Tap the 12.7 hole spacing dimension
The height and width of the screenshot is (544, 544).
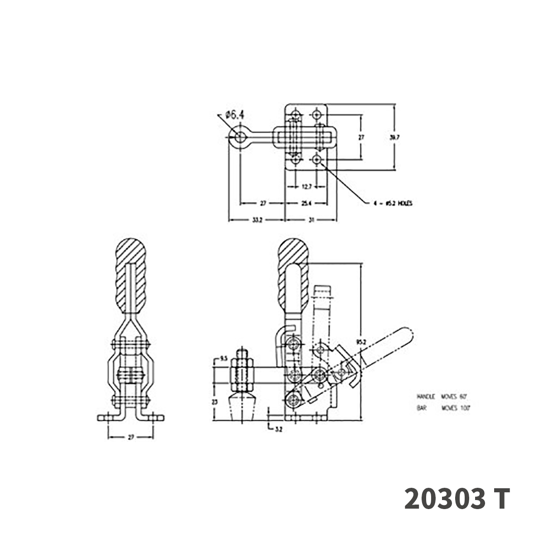pyautogui.click(x=306, y=186)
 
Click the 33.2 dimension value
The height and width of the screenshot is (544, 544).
pyautogui.click(x=257, y=220)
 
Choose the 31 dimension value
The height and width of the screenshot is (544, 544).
pyautogui.click(x=311, y=220)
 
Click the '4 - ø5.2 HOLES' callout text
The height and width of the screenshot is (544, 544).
pyautogui.click(x=393, y=204)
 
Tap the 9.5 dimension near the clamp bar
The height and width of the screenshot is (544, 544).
pyautogui.click(x=223, y=359)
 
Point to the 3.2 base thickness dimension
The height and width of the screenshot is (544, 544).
pyautogui.click(x=278, y=429)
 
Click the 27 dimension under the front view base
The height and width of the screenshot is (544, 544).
pyautogui.click(x=131, y=437)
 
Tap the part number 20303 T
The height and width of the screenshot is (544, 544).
pyautogui.click(x=457, y=499)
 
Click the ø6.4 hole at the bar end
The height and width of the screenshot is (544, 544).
pyautogui.click(x=239, y=136)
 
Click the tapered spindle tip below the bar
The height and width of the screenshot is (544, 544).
pyautogui.click(x=243, y=407)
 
